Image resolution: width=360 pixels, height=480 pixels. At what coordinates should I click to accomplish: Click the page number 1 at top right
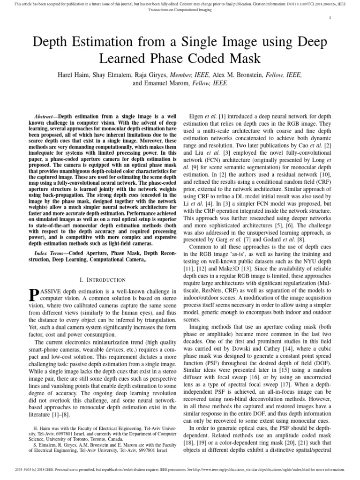[331, 18]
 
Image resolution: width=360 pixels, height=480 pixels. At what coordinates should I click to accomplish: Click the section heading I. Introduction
[104, 280]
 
